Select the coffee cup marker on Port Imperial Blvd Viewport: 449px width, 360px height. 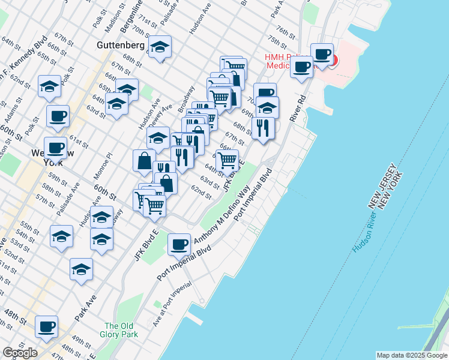pyautogui.click(x=179, y=244)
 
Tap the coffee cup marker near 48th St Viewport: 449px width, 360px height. pyautogui.click(x=46, y=327)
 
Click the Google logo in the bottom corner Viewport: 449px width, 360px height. pyautogui.click(x=20, y=353)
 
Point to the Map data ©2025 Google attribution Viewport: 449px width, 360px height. pyautogui.click(x=411, y=355)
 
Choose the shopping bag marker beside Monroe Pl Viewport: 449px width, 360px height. pyautogui.click(x=144, y=160)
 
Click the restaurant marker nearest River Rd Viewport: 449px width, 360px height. pyautogui.click(x=263, y=128)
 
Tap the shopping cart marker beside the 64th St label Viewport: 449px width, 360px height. pyautogui.click(x=227, y=160)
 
